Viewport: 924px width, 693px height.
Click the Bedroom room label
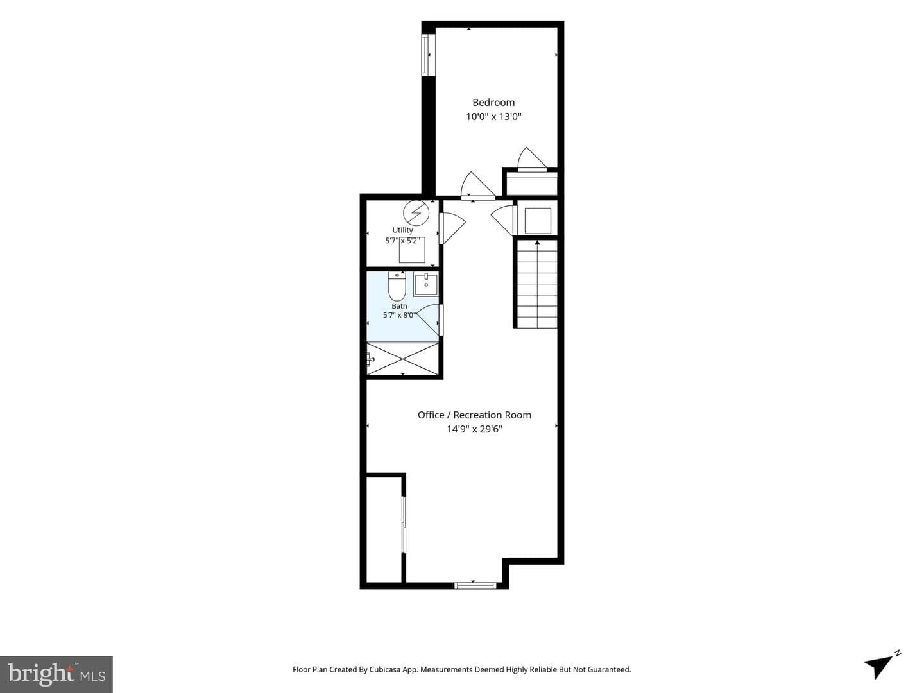(493, 102)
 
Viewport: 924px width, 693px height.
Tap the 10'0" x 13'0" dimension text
(493, 117)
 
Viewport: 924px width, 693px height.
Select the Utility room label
(402, 230)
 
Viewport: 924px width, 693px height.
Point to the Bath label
(400, 306)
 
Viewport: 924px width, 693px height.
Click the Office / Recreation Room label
(474, 415)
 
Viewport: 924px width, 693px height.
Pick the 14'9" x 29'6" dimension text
(474, 429)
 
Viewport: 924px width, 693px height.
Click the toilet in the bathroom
(397, 286)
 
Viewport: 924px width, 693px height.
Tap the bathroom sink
(426, 284)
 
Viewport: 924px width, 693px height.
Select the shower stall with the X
(402, 359)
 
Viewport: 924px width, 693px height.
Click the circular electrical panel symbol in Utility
(416, 213)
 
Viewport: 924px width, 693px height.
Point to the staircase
(537, 284)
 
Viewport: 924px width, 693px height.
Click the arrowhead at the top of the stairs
(537, 243)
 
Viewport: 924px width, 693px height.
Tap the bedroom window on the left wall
(428, 55)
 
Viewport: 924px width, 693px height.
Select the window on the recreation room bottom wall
(475, 585)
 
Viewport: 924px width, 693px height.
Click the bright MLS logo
(56, 674)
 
